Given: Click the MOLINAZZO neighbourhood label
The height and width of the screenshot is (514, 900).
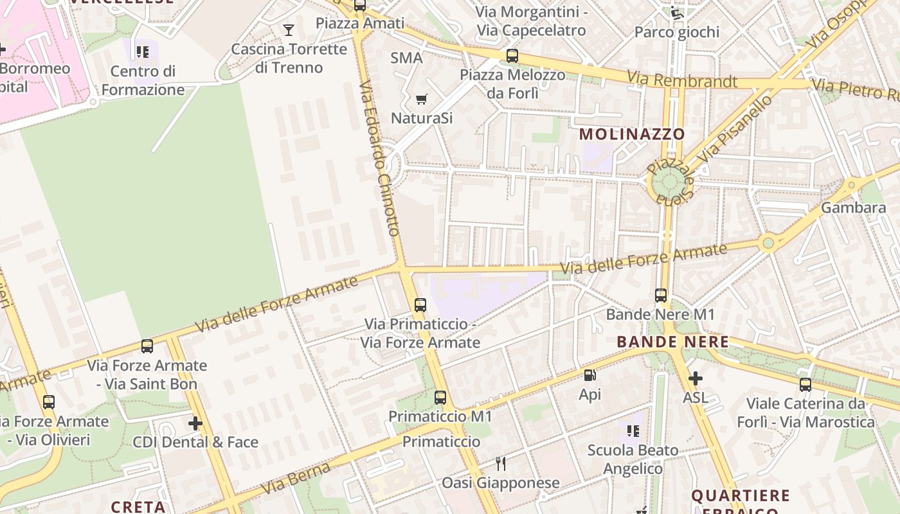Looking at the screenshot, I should coord(632,134).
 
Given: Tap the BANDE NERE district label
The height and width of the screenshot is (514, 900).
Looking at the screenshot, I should coord(672,342).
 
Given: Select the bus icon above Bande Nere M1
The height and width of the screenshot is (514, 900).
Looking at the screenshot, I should coord(661,296).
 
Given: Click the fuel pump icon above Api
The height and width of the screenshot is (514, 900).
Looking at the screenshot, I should coord(589,376).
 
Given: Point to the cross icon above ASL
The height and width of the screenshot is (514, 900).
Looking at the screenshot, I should coord(695,379).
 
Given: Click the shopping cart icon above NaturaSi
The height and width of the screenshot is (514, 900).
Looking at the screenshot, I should coord(422,99).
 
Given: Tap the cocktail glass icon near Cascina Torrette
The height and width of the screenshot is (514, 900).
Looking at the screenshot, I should coord(289,30).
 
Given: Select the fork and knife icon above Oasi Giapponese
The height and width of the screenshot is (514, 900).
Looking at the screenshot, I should coord(500,463).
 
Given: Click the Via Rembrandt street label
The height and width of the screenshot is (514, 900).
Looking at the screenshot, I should coord(682,80).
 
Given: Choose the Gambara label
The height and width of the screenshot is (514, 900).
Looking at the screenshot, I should coord(853,208).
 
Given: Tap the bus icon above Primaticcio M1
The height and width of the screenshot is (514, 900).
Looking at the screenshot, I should coord(440,398).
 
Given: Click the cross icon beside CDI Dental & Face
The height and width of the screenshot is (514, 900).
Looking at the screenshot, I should coord(195,423).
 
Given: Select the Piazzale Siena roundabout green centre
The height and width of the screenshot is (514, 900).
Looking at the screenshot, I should coord(669,182).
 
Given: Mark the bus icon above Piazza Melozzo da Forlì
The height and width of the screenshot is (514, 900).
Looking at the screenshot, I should coord(512,56).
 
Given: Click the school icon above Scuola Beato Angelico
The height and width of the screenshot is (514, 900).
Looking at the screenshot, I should coord(633,430).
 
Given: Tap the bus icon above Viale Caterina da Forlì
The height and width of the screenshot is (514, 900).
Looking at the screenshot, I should coord(805,385).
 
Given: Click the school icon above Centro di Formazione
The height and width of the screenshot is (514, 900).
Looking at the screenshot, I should coord(142,51).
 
